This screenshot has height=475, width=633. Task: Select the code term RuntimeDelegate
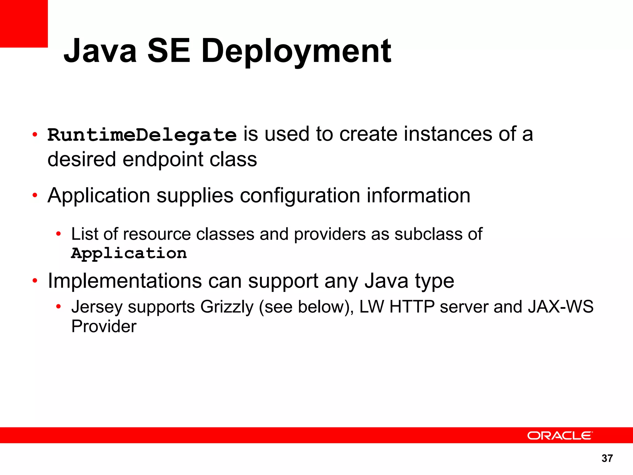(x=142, y=135)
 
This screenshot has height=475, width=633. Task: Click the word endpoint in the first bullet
(x=163, y=160)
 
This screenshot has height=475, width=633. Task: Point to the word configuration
(x=300, y=196)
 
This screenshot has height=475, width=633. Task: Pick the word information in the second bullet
(x=418, y=196)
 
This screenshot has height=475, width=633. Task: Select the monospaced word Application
(x=129, y=253)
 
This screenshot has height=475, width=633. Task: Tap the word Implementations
(x=125, y=281)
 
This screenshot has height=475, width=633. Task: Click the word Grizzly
(x=227, y=307)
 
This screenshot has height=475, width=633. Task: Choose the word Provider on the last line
(x=104, y=327)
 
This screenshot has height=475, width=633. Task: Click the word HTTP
(x=412, y=307)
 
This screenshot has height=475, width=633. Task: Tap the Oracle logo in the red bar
(x=560, y=435)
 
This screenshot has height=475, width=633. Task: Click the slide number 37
(x=607, y=458)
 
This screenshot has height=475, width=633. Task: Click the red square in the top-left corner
(x=24, y=24)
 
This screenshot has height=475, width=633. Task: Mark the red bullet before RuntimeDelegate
(x=35, y=135)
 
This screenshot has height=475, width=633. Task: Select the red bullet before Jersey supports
(x=58, y=307)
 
